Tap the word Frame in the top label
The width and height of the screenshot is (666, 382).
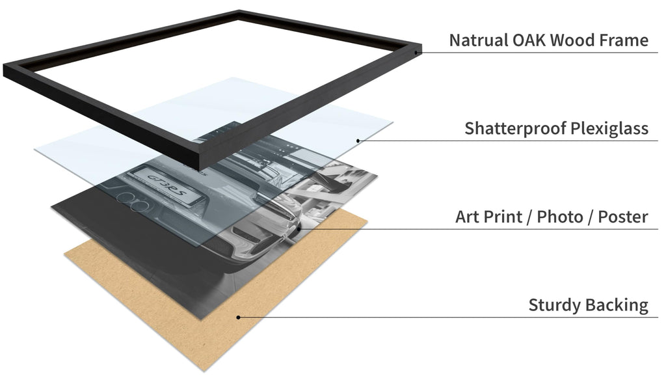point(624,40)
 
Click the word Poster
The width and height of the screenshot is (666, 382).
point(623,217)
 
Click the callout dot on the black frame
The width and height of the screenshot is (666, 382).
point(416,53)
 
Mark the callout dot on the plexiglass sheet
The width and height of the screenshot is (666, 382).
point(358,141)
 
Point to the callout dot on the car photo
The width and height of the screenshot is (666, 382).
point(299,228)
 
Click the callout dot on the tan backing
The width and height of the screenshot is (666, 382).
point(238,317)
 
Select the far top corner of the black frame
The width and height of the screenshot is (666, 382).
point(239,12)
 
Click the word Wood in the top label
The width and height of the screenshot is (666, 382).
point(572,40)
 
